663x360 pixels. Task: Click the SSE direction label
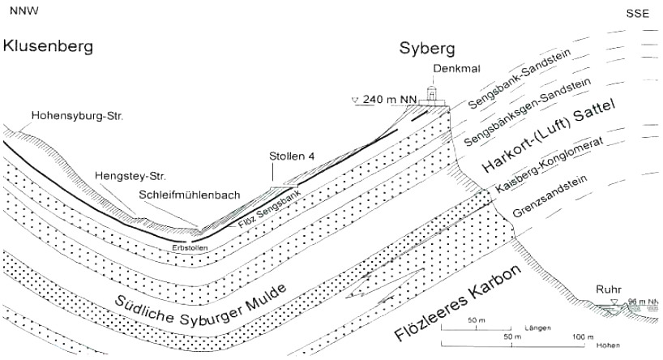[639, 14]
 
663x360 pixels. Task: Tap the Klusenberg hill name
[48, 46]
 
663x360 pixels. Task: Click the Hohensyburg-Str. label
[77, 117]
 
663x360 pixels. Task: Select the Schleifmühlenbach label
[188, 196]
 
